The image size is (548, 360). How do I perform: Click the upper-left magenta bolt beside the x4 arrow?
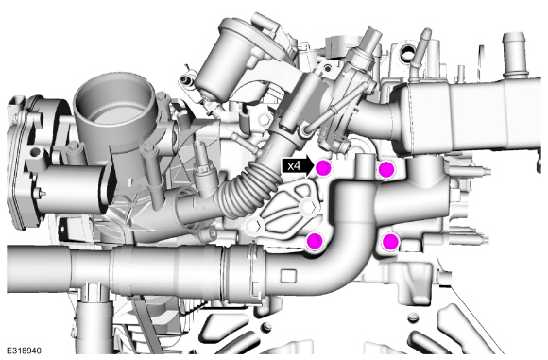(x=323, y=168)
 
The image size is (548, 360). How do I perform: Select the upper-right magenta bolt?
(x=386, y=169)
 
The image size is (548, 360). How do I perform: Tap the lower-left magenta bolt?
(x=315, y=240)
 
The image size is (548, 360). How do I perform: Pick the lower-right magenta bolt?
(x=389, y=242)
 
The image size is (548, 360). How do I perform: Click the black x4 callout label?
(x=298, y=165)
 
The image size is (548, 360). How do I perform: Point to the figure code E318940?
(x=25, y=351)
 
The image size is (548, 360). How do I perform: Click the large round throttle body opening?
(x=113, y=99)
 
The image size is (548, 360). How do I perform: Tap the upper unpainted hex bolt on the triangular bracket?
(x=310, y=207)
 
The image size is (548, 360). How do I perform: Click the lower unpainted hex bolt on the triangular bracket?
(x=254, y=226)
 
